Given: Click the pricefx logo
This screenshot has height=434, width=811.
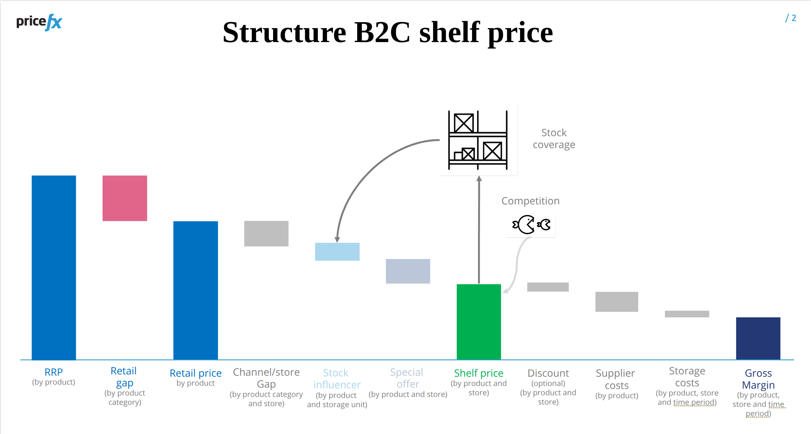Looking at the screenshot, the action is pyautogui.click(x=39, y=22).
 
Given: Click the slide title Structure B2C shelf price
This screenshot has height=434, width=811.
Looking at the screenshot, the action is pyautogui.click(x=388, y=32).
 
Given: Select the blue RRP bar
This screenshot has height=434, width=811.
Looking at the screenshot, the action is pyautogui.click(x=54, y=267).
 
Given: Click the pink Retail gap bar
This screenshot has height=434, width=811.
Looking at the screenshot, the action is pyautogui.click(x=125, y=198).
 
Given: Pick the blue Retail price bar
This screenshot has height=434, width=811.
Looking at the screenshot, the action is pyautogui.click(x=196, y=290).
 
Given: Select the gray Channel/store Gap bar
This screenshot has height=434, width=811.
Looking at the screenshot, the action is pyautogui.click(x=266, y=234).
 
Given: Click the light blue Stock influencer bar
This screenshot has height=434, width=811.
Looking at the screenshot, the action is pyautogui.click(x=337, y=252).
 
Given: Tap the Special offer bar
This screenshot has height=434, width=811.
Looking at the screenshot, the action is pyautogui.click(x=408, y=271).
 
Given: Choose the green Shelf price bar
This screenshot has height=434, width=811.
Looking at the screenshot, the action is pyautogui.click(x=479, y=322).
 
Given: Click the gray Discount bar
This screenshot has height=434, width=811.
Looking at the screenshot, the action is pyautogui.click(x=548, y=287).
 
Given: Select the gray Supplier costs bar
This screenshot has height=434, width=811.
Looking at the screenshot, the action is pyautogui.click(x=617, y=302).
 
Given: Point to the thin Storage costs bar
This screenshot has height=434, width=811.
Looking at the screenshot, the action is pyautogui.click(x=687, y=314).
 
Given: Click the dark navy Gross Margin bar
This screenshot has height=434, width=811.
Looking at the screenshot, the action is pyautogui.click(x=758, y=338).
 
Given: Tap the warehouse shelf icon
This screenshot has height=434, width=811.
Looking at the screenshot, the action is pyautogui.click(x=478, y=140).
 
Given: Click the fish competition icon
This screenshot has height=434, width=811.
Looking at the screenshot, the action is pyautogui.click(x=531, y=225).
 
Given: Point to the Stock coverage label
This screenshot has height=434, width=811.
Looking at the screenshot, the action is pyautogui.click(x=554, y=139).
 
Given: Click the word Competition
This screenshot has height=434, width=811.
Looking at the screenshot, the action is pyautogui.click(x=531, y=201).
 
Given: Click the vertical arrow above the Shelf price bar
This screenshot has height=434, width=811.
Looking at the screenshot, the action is pyautogui.click(x=479, y=230).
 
